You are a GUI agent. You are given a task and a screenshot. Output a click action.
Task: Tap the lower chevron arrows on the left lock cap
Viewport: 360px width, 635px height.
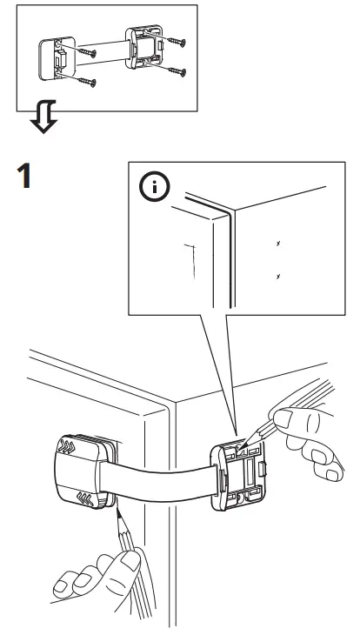pyautogui.click(x=87, y=499)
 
